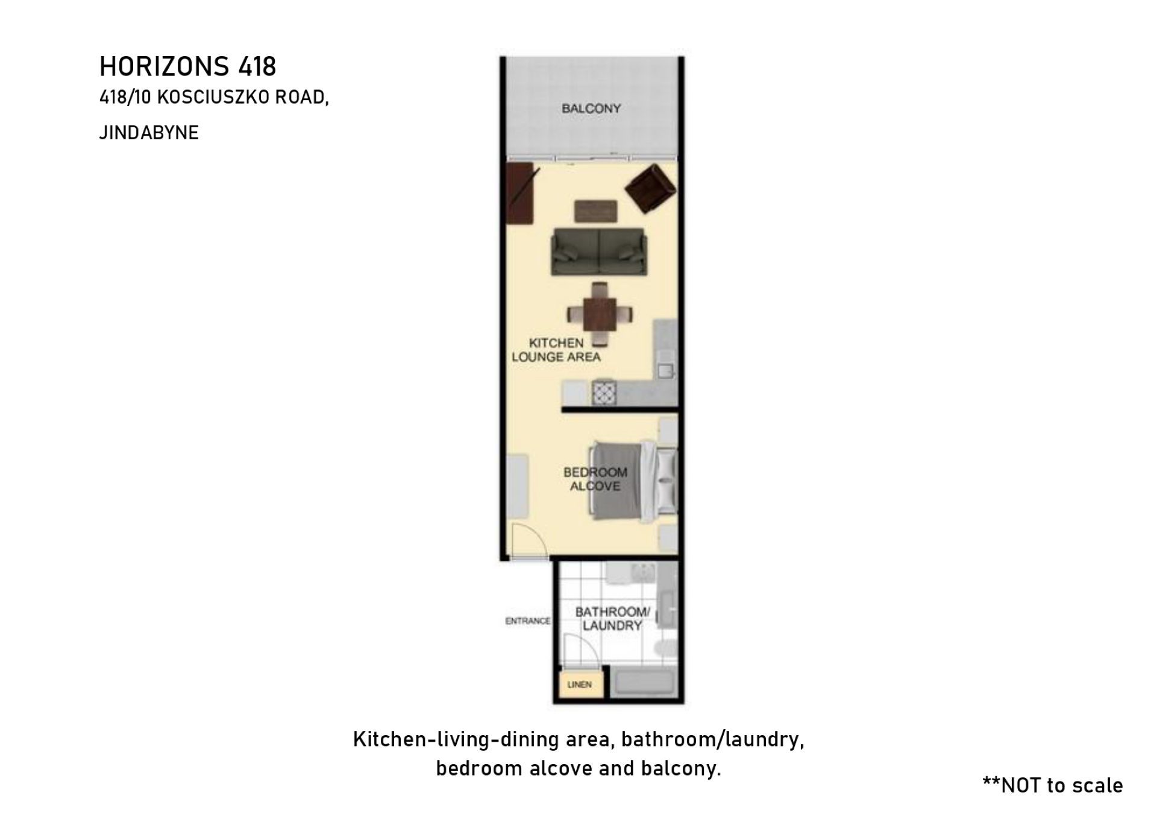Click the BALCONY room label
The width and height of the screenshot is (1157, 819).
(x=591, y=109)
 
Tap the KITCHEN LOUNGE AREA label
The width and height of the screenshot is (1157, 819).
(x=556, y=350)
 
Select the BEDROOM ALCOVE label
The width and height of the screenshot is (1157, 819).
(x=595, y=479)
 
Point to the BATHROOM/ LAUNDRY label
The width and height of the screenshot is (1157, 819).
(x=612, y=619)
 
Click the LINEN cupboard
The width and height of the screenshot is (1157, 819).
(x=580, y=685)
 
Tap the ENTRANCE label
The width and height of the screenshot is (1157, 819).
(x=528, y=621)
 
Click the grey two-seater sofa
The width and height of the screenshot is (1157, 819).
(x=599, y=252)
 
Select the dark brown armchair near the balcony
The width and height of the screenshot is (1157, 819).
(x=651, y=189)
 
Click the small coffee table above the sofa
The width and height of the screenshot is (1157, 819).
(x=596, y=211)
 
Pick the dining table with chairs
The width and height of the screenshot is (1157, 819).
(x=600, y=314)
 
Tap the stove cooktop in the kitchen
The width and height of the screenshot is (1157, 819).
(x=604, y=393)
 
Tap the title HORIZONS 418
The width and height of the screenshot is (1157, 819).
(x=187, y=66)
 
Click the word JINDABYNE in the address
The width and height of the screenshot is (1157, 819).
(x=149, y=133)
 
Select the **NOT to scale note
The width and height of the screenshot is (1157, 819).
(x=1053, y=785)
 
